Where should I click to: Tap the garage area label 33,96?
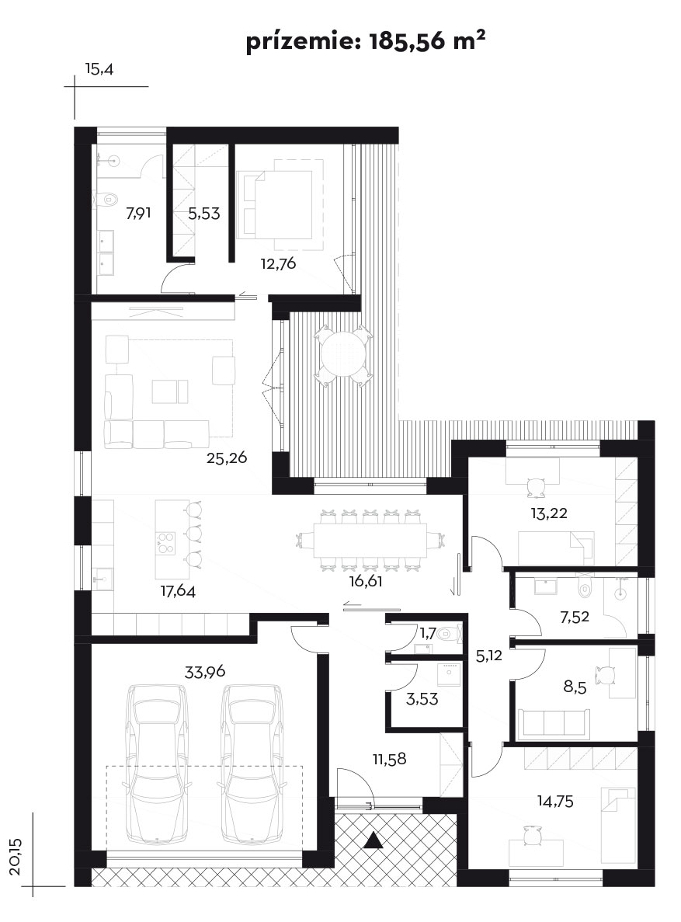205,672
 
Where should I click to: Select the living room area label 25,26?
227,458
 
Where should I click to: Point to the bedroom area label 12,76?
278,263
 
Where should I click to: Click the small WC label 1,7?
428,633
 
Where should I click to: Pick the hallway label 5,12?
488,655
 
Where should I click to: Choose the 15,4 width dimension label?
99,69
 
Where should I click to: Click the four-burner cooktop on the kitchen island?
165,542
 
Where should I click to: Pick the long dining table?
371,541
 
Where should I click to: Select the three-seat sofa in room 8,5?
554,722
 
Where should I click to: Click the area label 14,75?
555,801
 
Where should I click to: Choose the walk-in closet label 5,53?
204,214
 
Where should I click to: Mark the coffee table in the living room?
170,391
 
